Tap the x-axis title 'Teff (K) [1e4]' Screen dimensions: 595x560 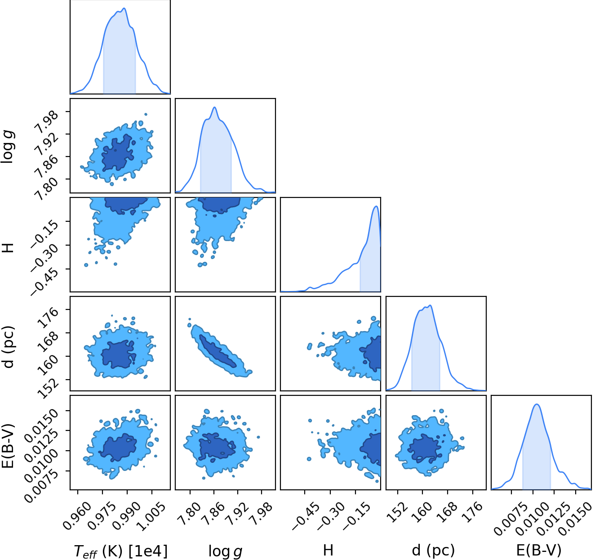120,551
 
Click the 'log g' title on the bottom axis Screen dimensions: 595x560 225,551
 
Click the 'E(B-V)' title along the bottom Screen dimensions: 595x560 539,550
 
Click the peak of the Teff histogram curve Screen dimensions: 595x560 124,8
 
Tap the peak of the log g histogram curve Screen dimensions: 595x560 214,107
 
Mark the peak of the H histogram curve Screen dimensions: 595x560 376,206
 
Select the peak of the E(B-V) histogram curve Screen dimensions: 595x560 537,404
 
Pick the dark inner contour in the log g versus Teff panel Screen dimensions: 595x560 117,153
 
